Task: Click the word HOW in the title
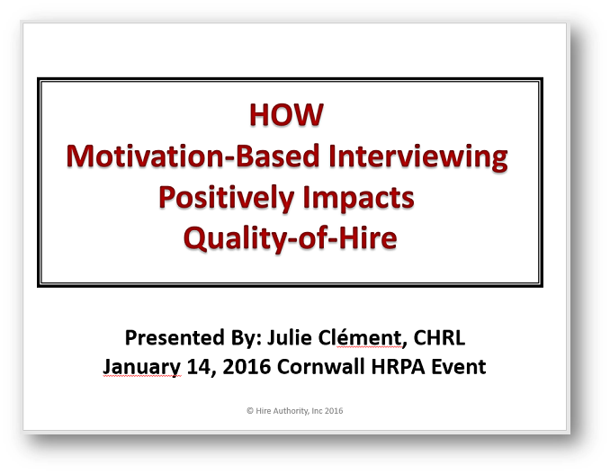287,117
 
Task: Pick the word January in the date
142,367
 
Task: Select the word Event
456,367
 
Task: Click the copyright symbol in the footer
249,411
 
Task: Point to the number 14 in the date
197,367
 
